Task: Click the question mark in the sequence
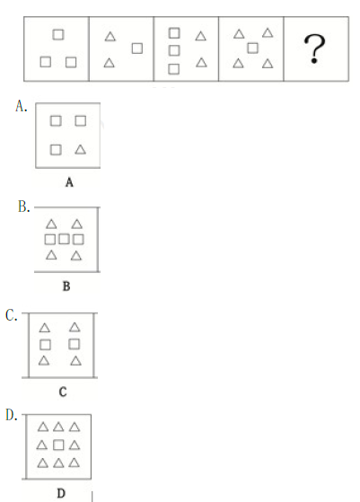315,49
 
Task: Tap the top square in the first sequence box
58,35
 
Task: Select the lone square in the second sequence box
137,48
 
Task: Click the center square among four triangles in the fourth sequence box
252,48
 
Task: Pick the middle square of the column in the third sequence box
174,50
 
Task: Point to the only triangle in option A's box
80,149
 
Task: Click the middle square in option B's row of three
64,239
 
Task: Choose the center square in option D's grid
58,445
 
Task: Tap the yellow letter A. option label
22,106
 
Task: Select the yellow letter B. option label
24,207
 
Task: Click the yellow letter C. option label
12,316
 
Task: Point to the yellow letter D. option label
12,415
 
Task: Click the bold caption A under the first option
69,183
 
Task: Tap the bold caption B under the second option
66,286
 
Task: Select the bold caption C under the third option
63,392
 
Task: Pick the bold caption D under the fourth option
61,493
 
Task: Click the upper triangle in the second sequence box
110,37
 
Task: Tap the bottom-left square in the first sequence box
46,62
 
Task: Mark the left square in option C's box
45,345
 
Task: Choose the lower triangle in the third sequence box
201,62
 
